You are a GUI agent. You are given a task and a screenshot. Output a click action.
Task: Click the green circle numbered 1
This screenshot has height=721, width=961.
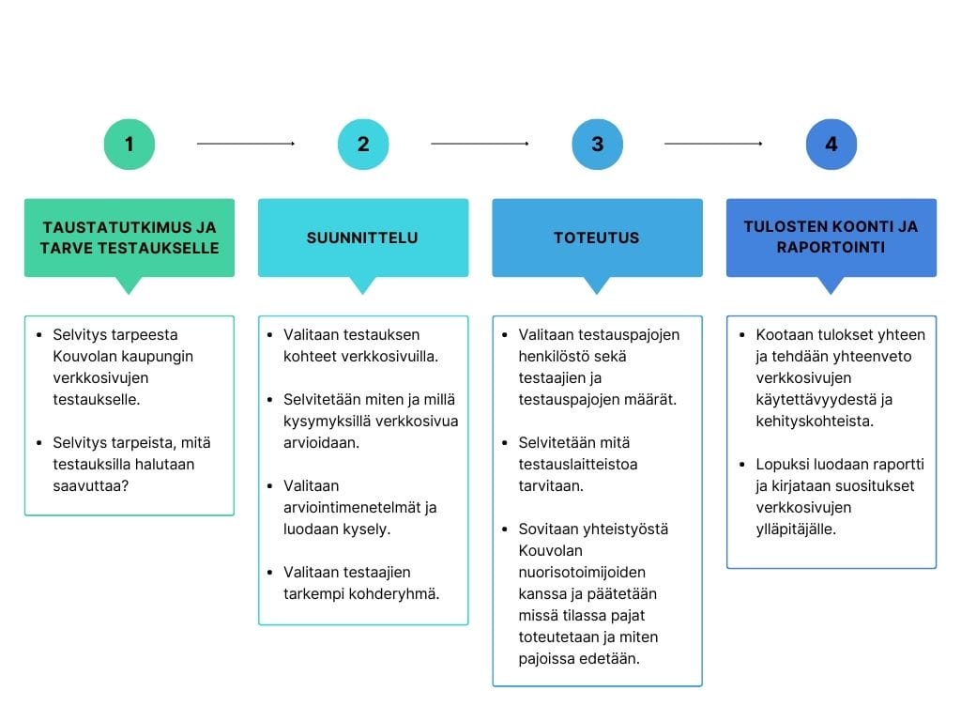(130, 144)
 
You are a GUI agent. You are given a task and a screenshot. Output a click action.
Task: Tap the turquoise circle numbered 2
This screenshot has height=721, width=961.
(363, 144)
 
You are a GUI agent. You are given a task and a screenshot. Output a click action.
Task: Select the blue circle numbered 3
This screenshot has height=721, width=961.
(598, 144)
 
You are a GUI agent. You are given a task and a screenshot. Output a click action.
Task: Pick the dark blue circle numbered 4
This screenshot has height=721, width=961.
(831, 144)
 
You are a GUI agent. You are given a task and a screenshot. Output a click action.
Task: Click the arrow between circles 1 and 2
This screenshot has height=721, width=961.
(246, 144)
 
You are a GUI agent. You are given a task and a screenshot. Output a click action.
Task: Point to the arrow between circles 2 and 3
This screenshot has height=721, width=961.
(480, 144)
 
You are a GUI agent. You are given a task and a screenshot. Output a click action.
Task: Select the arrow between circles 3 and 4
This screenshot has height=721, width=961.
(714, 144)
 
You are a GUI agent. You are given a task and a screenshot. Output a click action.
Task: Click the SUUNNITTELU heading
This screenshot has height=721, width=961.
(362, 238)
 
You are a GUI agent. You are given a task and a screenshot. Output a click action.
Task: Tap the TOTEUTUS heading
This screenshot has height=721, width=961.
(596, 238)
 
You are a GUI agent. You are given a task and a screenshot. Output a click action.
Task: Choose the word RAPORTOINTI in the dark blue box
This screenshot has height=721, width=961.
(831, 247)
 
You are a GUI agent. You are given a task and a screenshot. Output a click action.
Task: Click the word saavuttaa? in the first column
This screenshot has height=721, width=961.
(91, 485)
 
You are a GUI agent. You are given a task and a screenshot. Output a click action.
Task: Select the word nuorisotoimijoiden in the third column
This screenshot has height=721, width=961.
(582, 572)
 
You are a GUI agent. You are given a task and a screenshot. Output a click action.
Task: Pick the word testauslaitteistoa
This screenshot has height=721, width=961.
(578, 464)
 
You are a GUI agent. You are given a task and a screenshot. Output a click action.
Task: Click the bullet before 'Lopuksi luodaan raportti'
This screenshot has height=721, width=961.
(742, 464)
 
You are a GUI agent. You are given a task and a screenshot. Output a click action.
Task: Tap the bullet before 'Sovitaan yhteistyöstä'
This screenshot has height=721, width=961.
(504, 529)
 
